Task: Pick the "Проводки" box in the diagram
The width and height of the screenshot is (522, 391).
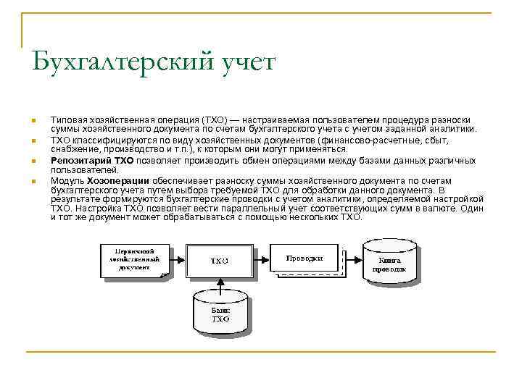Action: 304,258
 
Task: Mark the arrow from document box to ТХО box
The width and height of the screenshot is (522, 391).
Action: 179,260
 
